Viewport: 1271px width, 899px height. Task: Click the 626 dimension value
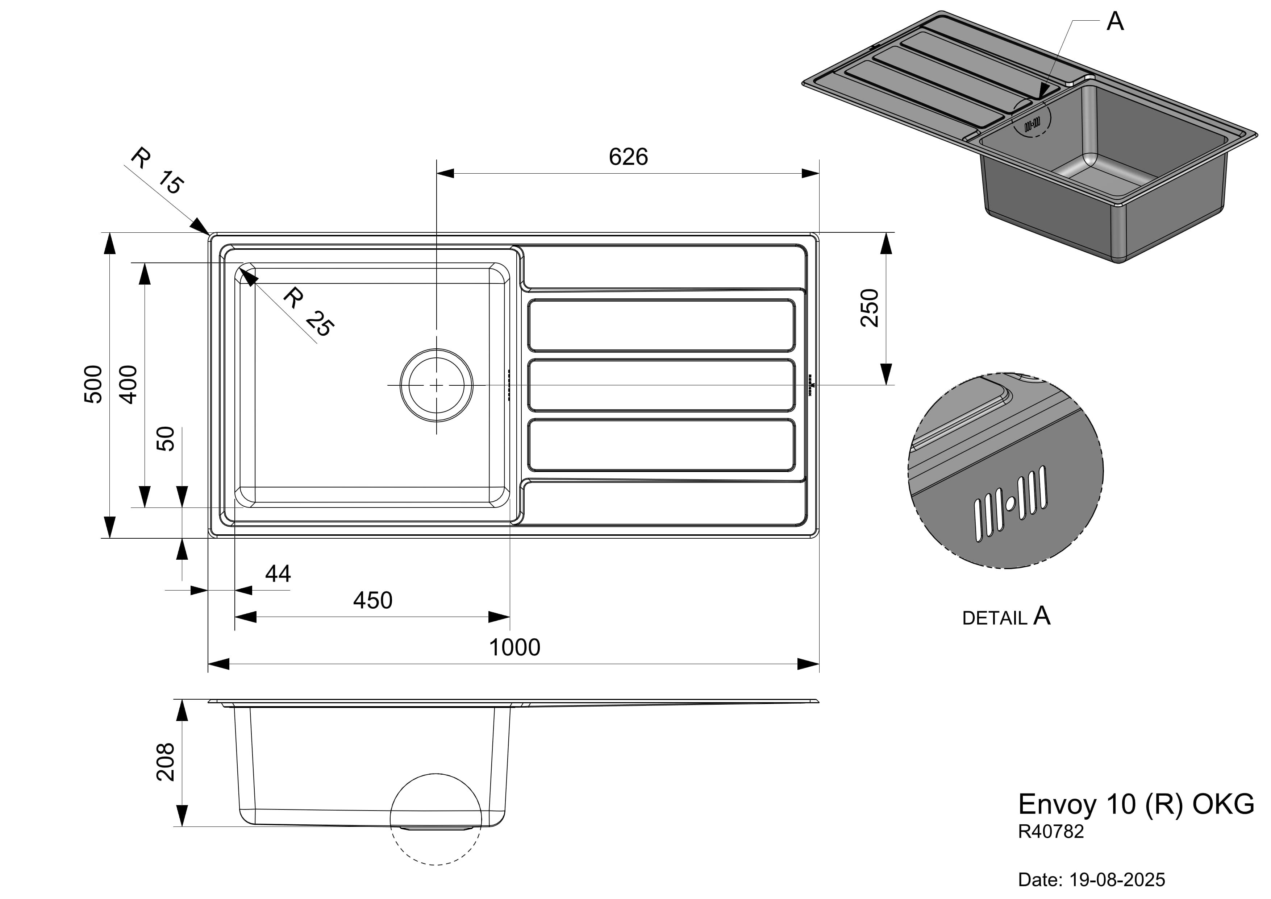click(628, 157)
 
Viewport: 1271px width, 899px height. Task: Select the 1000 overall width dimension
click(514, 647)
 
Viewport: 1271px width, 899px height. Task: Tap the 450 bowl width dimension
click(372, 600)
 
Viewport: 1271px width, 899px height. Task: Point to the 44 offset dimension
click(278, 574)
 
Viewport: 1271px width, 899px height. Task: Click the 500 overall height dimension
click(93, 384)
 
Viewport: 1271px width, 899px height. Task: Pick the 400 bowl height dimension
click(128, 384)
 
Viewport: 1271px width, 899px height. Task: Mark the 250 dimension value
click(870, 308)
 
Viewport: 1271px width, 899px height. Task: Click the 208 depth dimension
click(166, 762)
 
